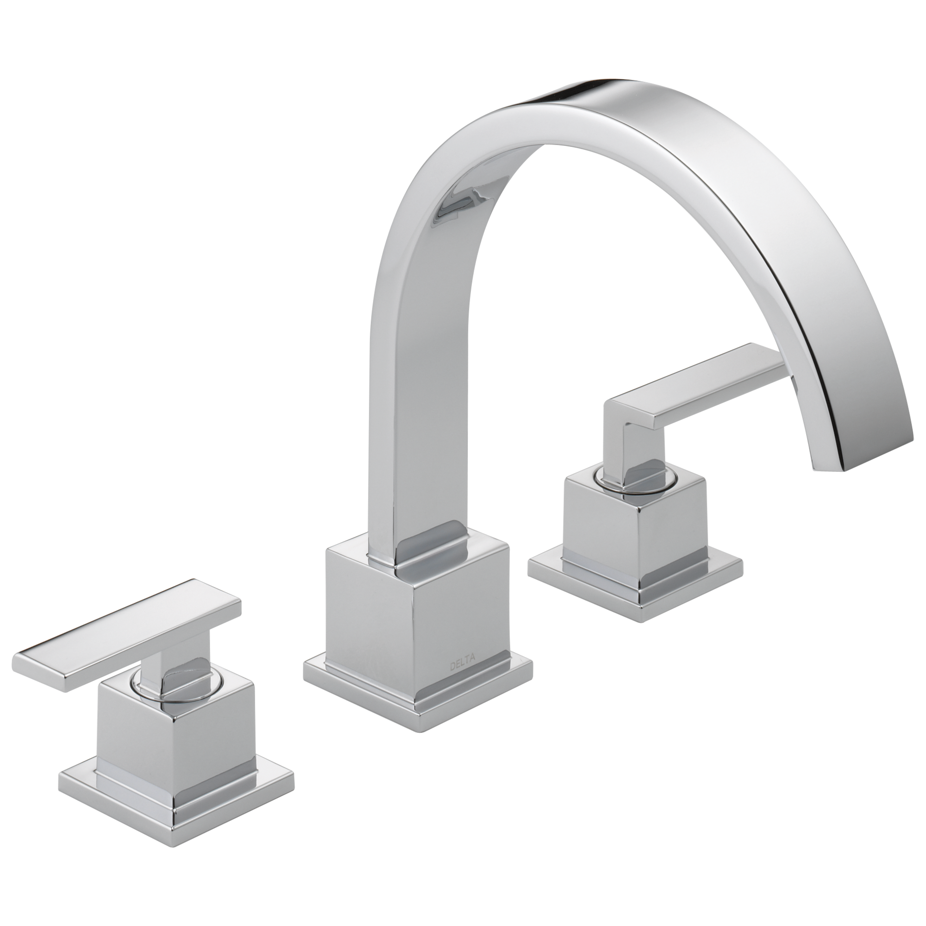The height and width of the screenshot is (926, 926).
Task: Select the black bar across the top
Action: point(463,38)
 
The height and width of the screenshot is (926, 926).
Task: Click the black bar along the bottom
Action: point(463,887)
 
